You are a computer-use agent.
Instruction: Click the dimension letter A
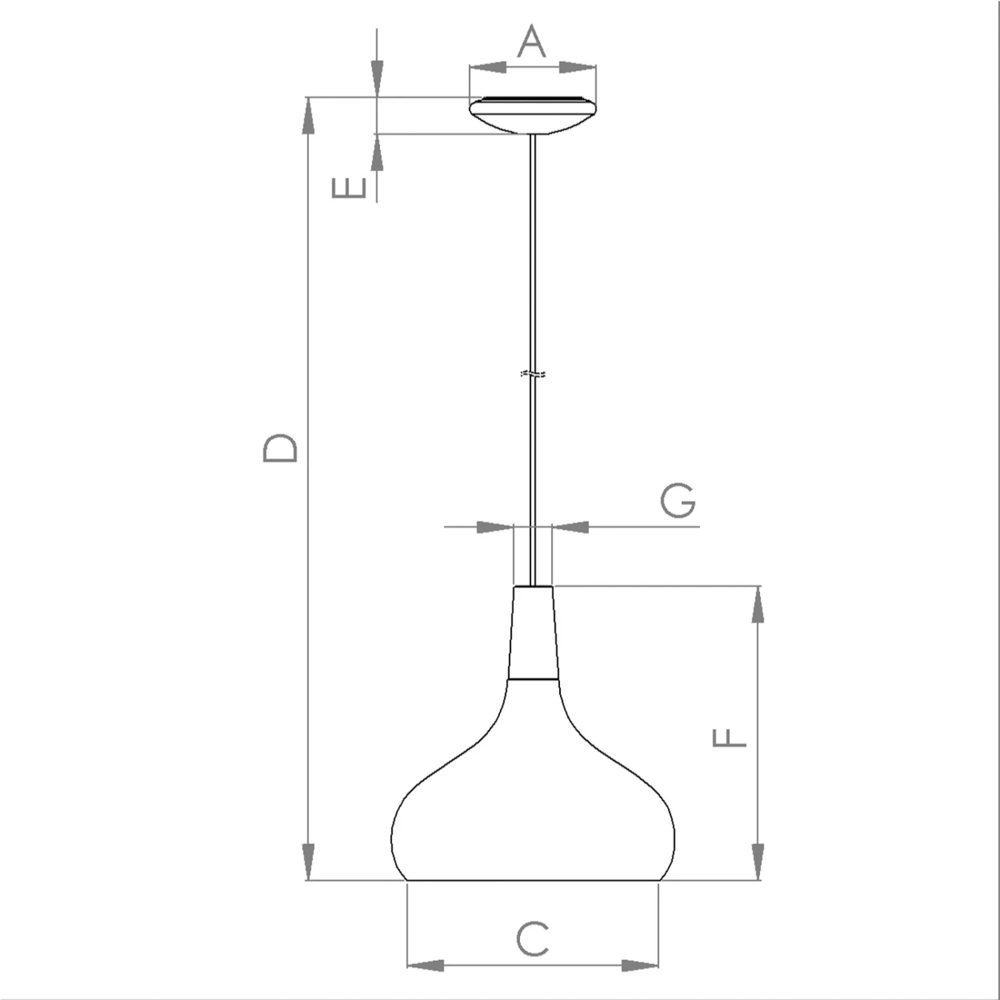pyautogui.click(x=532, y=41)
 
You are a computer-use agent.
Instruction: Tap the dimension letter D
pyautogui.click(x=280, y=448)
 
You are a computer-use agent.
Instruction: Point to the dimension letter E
pyautogui.click(x=349, y=189)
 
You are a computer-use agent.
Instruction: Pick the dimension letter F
pyautogui.click(x=729, y=738)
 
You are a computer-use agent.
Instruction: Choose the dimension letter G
pyautogui.click(x=679, y=501)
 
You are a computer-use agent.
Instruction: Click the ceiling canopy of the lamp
pyautogui.click(x=533, y=115)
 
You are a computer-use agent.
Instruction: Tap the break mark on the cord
pyautogui.click(x=533, y=373)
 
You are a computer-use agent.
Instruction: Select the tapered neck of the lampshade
pyautogui.click(x=533, y=633)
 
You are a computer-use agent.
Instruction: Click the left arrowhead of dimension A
pyautogui.click(x=488, y=67)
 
